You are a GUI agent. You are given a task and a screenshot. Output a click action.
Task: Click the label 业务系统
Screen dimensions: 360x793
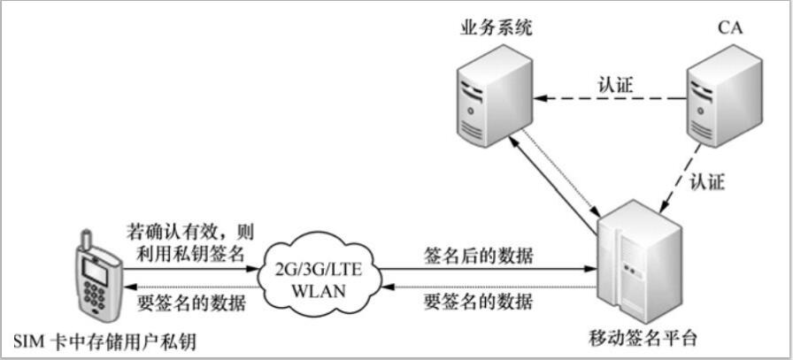pyautogui.click(x=496, y=29)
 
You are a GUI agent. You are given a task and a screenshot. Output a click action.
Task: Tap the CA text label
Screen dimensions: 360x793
pyautogui.click(x=730, y=29)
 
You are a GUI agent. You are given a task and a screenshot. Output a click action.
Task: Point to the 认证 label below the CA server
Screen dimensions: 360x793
pyautogui.click(x=705, y=183)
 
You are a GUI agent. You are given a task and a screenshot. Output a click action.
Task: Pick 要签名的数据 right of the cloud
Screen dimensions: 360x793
pyautogui.click(x=479, y=302)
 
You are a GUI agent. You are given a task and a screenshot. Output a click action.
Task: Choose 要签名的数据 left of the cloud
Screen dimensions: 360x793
pyautogui.click(x=193, y=302)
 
